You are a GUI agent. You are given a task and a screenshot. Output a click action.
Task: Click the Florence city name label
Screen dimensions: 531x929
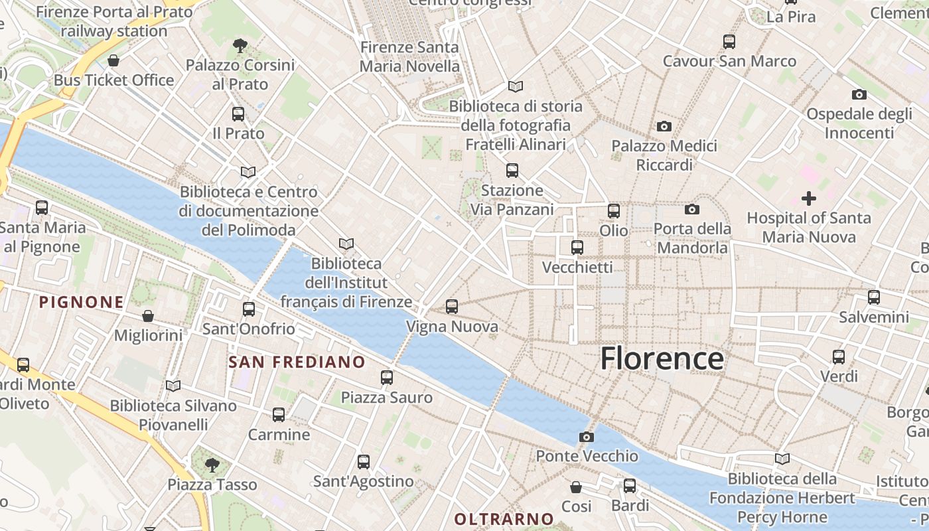pyautogui.click(x=662, y=358)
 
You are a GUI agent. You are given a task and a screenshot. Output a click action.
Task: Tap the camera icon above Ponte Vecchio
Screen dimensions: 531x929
pyautogui.click(x=586, y=437)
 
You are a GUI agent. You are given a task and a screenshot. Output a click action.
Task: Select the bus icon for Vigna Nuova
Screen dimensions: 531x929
pyautogui.click(x=452, y=306)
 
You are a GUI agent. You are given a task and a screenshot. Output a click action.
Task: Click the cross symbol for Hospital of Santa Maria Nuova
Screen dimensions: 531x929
pyautogui.click(x=808, y=198)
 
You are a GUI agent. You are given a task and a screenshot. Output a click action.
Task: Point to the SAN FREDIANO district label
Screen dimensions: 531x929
pyautogui.click(x=297, y=362)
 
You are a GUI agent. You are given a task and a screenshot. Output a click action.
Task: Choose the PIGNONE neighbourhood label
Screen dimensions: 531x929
pyautogui.click(x=82, y=303)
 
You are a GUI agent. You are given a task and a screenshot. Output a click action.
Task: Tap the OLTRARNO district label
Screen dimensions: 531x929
pyautogui.click(x=504, y=518)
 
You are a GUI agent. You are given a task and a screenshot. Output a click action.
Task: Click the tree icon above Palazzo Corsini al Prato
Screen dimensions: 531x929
pyautogui.click(x=240, y=46)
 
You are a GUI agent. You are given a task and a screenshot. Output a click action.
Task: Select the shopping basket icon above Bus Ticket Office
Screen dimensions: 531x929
pyautogui.click(x=113, y=60)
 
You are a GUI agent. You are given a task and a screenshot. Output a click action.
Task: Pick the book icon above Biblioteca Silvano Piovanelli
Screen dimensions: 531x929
pyautogui.click(x=173, y=386)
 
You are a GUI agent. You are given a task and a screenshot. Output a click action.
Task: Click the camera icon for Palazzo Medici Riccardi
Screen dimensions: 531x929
pyautogui.click(x=664, y=126)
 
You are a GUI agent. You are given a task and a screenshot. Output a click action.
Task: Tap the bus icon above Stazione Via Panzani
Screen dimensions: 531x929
pyautogui.click(x=512, y=171)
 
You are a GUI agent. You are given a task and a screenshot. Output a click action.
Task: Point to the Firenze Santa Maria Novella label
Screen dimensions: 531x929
pyautogui.click(x=409, y=56)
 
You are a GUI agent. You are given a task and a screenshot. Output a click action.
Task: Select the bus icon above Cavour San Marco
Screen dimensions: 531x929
pyautogui.click(x=729, y=41)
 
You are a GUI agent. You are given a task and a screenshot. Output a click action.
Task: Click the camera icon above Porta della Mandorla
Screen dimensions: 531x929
pyautogui.click(x=691, y=210)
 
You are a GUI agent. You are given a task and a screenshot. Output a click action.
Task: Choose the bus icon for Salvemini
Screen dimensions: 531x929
pyautogui.click(x=873, y=297)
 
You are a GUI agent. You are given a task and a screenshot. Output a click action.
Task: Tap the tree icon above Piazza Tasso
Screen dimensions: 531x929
pyautogui.click(x=212, y=465)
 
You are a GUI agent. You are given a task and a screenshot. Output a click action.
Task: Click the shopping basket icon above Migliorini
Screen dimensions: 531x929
pyautogui.click(x=147, y=316)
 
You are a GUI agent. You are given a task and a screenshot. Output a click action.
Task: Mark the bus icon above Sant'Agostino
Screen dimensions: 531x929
pyautogui.click(x=363, y=462)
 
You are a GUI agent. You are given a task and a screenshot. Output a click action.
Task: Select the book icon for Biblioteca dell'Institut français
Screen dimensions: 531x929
pyautogui.click(x=346, y=244)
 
